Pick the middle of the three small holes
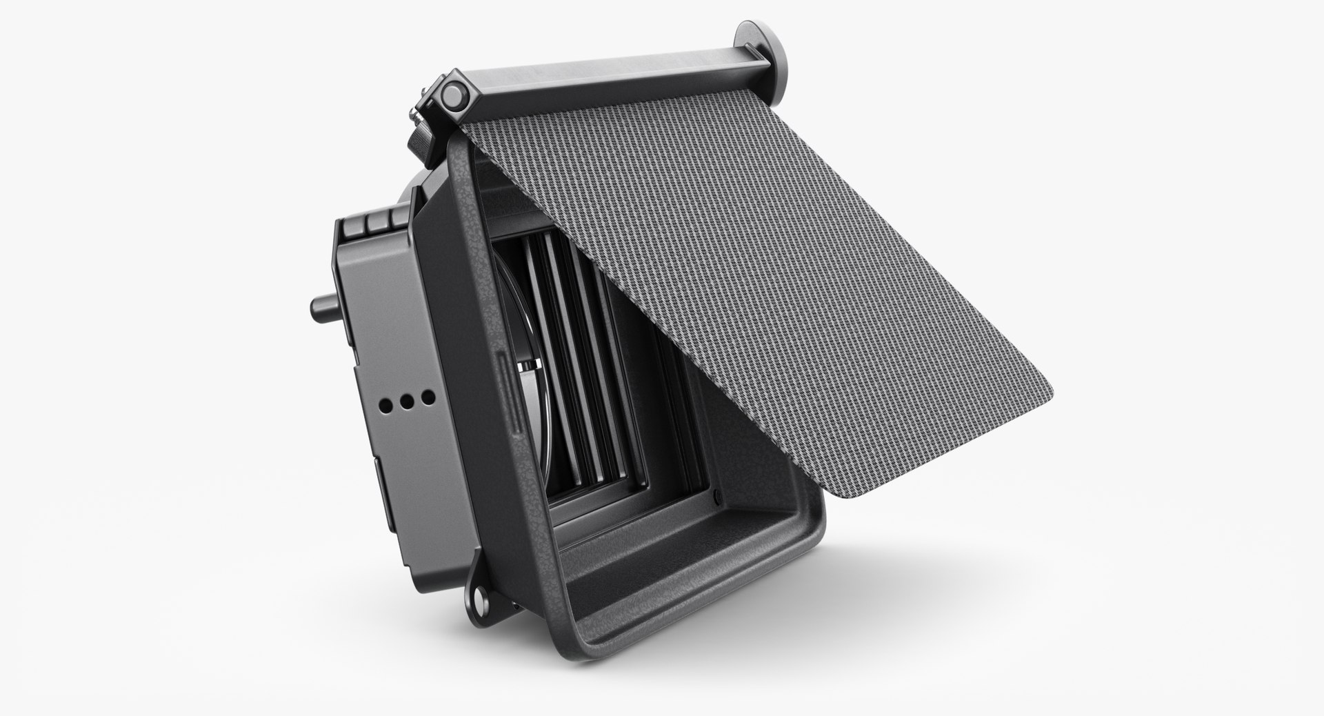coord(407,399)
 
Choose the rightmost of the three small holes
coord(428,397)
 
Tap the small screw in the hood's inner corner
coord(717,495)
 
